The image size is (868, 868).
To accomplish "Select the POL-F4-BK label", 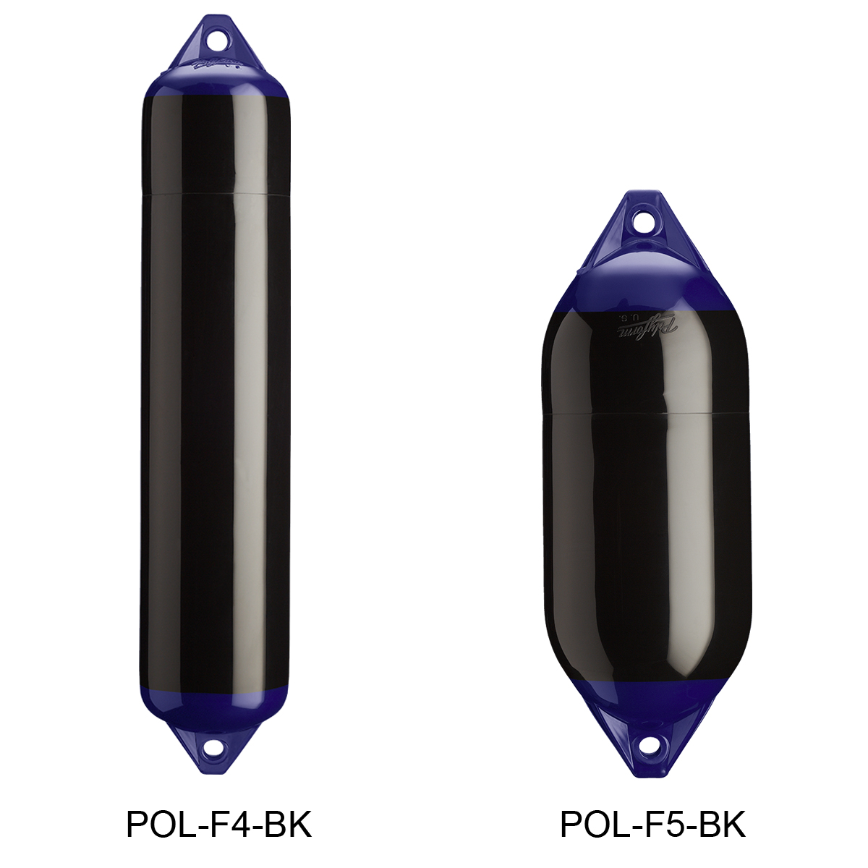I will coord(219,824).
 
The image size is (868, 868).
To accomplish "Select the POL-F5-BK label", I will coord(652,824).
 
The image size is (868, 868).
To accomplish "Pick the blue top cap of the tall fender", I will coord(216,80).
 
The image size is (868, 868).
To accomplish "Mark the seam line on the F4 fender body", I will coord(215,193).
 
